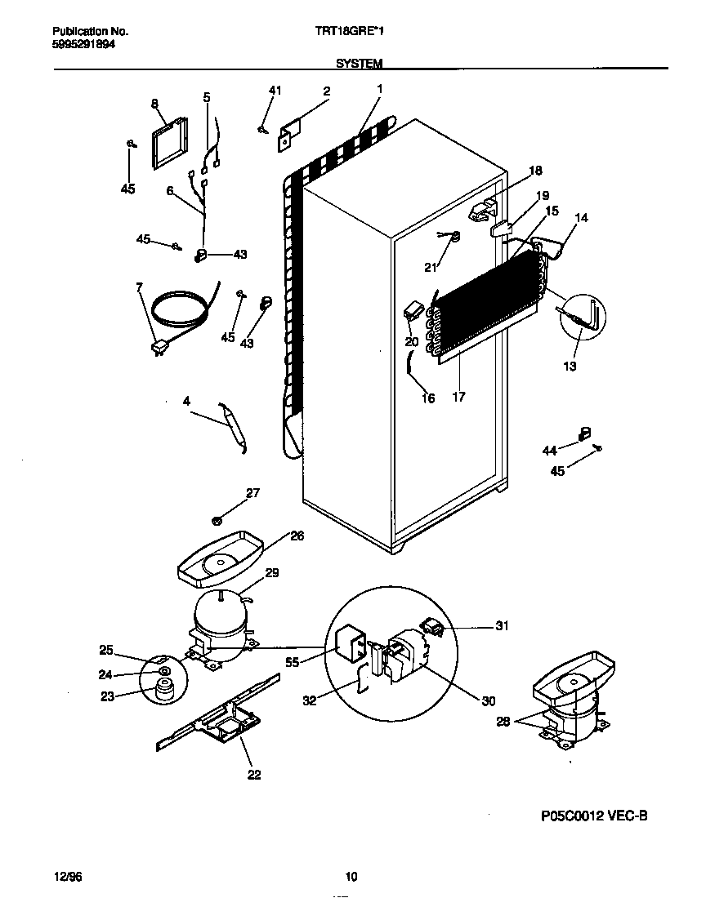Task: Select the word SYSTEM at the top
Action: click(359, 63)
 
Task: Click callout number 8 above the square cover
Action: click(154, 103)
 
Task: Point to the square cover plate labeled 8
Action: click(169, 144)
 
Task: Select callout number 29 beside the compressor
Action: click(272, 573)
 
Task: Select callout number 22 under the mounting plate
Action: click(254, 774)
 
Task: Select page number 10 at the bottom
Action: click(351, 877)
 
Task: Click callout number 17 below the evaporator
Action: click(459, 398)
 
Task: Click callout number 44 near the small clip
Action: click(549, 450)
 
